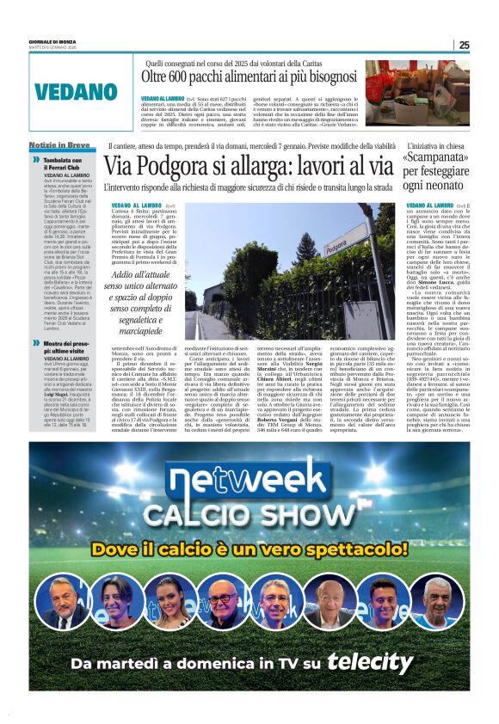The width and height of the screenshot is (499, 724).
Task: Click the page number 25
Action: (464, 45)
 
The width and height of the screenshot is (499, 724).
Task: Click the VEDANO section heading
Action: (76, 92)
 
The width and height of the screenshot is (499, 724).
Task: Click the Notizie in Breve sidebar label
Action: (59, 145)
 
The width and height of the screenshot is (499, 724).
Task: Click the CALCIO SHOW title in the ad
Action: (249, 513)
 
